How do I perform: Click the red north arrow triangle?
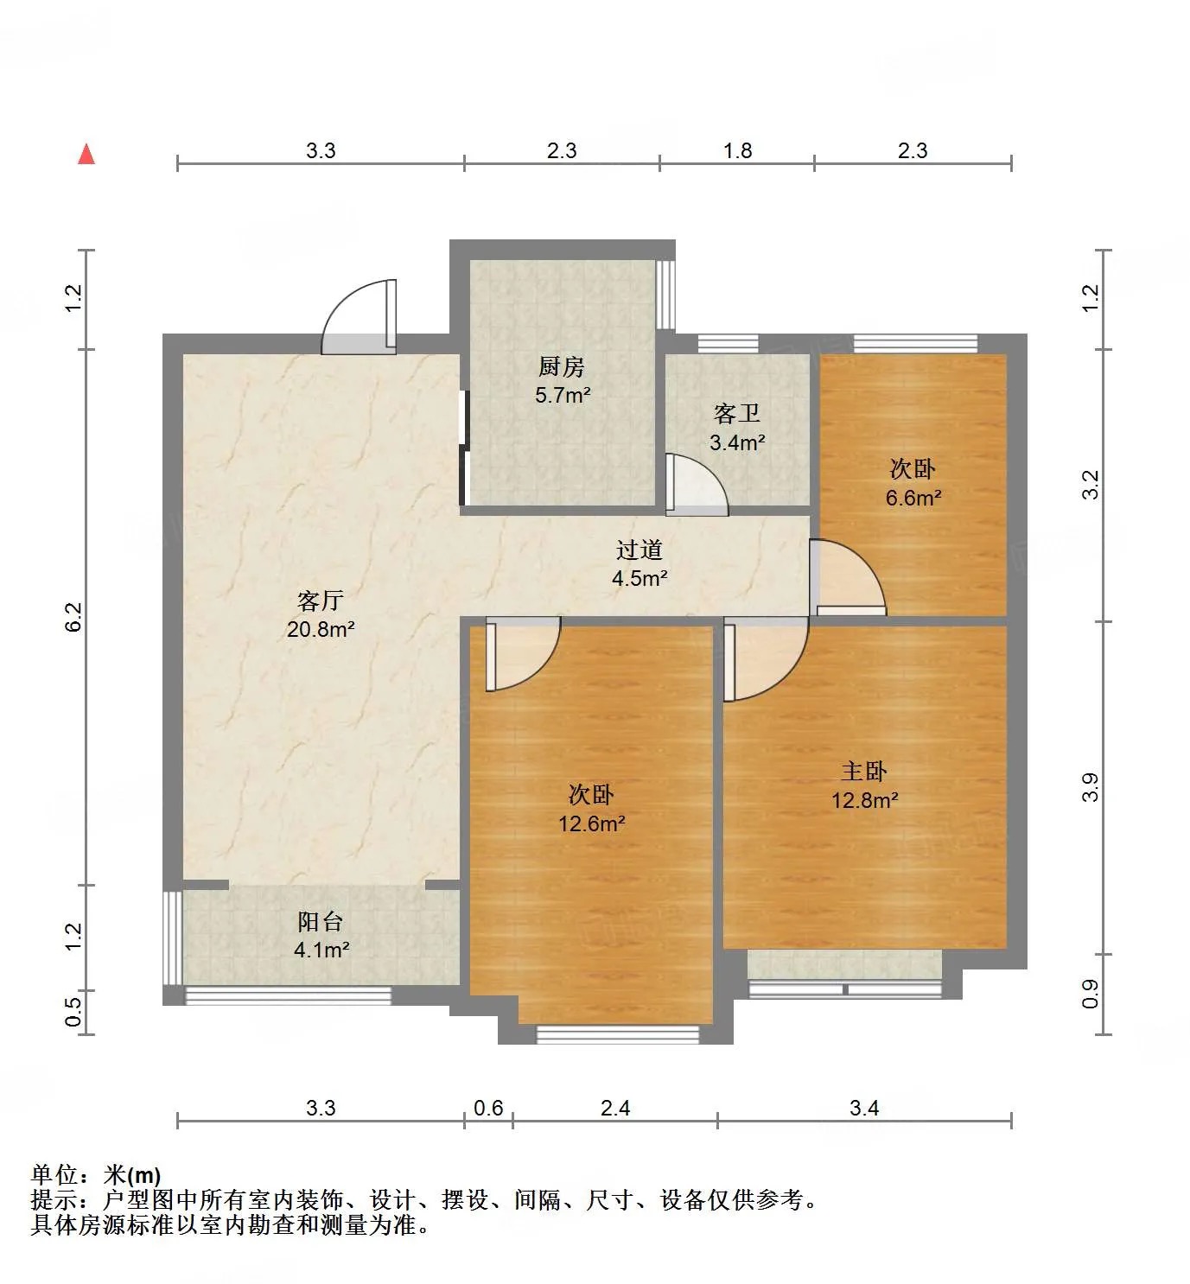[x=86, y=155]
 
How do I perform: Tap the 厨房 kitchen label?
[x=562, y=367]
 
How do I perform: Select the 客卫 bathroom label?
[x=737, y=415]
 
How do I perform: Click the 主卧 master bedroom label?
[x=864, y=772]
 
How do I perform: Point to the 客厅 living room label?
[x=321, y=601]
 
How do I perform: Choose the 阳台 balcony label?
[x=321, y=922]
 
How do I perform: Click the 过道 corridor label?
[x=640, y=550]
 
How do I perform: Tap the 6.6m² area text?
[x=913, y=498]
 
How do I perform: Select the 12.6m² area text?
[x=592, y=823]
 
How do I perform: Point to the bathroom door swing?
[x=696, y=486]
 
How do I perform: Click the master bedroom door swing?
[x=765, y=658]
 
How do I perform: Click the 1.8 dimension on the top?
[x=738, y=151]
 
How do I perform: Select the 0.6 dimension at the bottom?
[x=488, y=1108]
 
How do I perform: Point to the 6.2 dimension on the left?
[x=73, y=617]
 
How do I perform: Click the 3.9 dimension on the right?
[x=1090, y=787]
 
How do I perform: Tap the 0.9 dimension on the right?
[x=1090, y=994]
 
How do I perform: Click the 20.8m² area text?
[x=321, y=629]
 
